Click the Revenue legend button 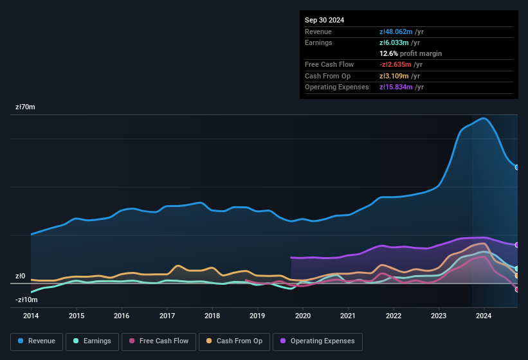37,341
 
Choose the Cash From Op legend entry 235,341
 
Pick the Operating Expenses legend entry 318,341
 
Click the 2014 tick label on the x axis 31,316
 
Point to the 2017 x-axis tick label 167,316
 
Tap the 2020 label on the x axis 303,316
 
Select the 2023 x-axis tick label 439,316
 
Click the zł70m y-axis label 25,107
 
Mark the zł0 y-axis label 21,276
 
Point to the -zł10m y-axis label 26,300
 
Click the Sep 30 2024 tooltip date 325,20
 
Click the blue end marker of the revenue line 517,167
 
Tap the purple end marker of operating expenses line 517,245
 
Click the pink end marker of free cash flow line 517,289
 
